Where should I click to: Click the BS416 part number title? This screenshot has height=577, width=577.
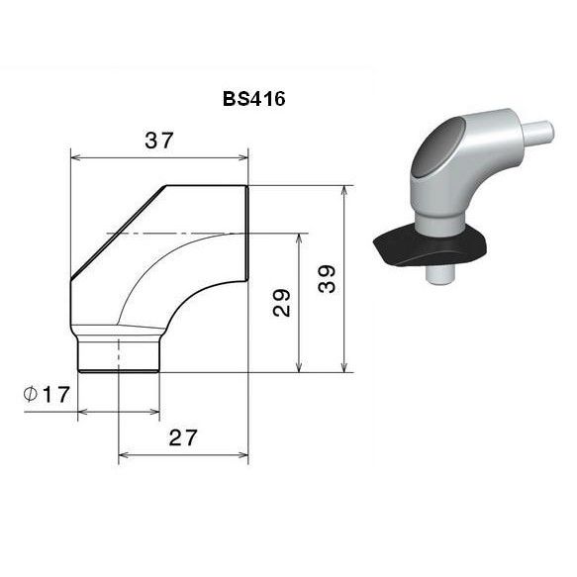(254, 99)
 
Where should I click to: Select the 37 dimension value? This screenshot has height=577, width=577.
(158, 141)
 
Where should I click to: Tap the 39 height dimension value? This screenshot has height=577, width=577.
(328, 278)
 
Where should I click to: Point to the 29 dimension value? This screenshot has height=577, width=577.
(281, 303)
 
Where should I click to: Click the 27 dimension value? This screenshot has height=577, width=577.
(183, 437)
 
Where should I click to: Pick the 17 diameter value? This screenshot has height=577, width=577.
(56, 395)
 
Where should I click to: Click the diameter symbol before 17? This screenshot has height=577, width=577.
(30, 395)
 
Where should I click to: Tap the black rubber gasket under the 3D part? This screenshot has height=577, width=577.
(430, 245)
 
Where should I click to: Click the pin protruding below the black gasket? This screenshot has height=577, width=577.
(440, 275)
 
